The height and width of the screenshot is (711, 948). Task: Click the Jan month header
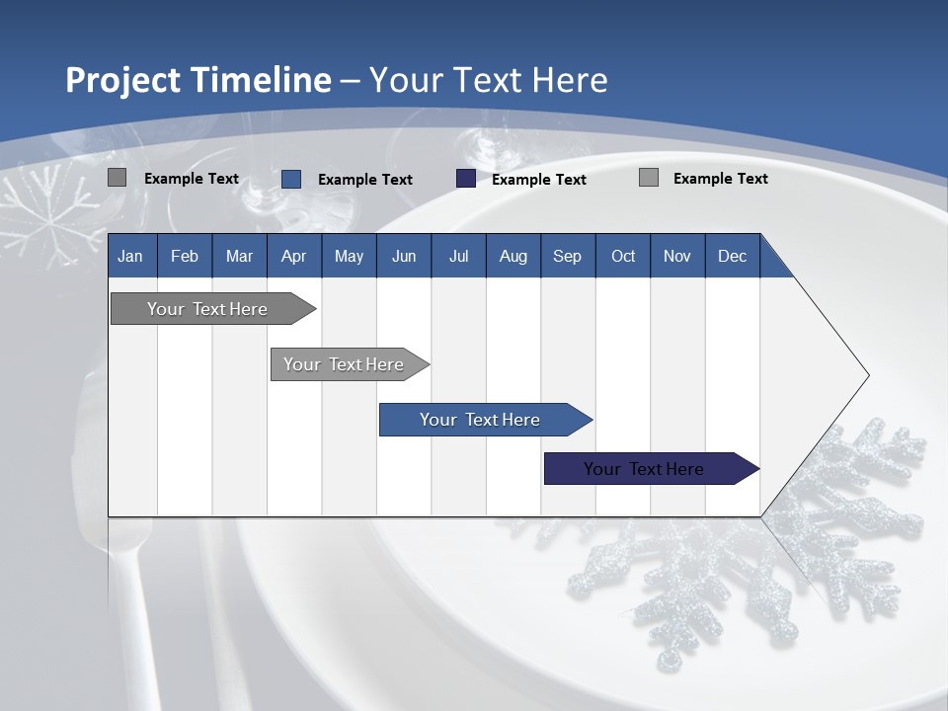pos(130,257)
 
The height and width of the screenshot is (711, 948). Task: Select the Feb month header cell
pos(185,257)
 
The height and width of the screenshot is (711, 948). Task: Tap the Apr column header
pos(293,257)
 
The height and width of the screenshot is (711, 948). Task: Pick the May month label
pos(349,257)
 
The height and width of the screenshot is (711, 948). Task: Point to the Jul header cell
pos(458,257)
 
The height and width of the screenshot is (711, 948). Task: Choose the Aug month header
pos(513,257)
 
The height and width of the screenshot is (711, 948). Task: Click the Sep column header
pos(567,257)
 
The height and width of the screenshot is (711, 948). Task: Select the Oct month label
pos(623,257)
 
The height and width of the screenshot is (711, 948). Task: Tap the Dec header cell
pos(732,257)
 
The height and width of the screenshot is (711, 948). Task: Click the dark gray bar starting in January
pos(207,309)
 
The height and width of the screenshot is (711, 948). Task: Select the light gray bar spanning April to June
pos(344,364)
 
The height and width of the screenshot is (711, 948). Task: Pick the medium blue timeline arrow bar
pos(480,420)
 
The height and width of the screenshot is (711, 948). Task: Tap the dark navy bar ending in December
pos(644,469)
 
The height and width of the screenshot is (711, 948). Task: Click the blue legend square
pos(291,179)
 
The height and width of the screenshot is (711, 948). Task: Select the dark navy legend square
pos(466,179)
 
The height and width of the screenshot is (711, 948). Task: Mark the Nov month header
pos(677,257)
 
